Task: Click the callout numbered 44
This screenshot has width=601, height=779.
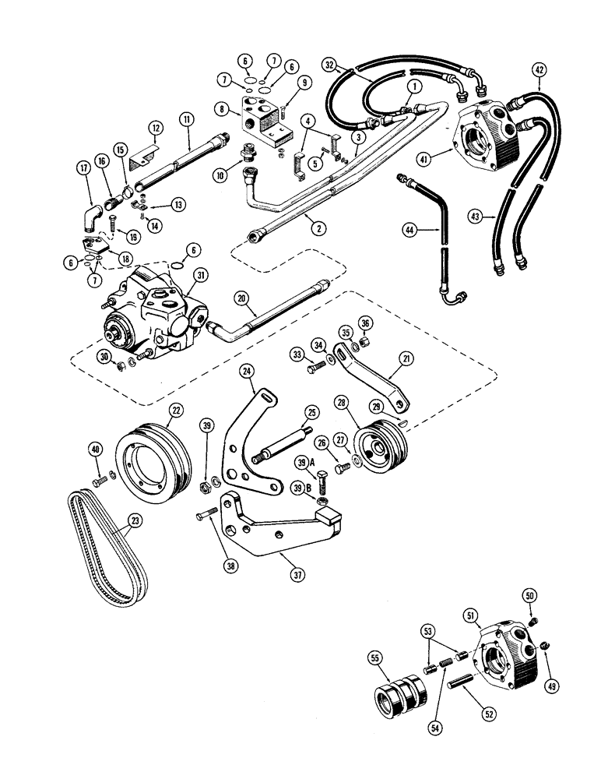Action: click(408, 230)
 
